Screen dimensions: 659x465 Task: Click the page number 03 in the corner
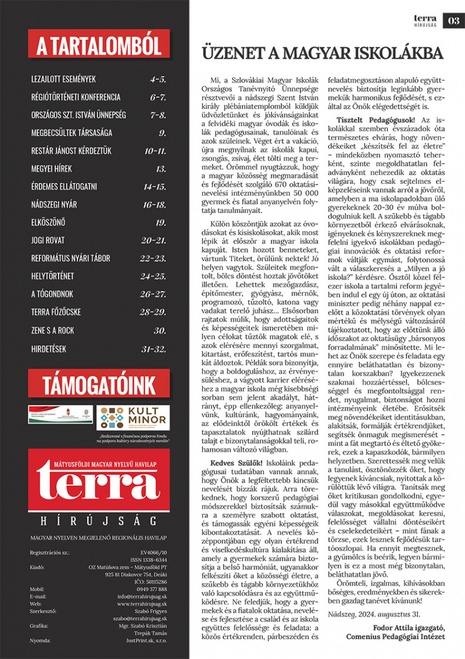point(453,21)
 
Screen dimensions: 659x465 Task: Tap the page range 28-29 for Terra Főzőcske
point(153,313)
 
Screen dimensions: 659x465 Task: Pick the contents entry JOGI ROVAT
point(49,240)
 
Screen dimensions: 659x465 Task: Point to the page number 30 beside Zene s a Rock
point(160,330)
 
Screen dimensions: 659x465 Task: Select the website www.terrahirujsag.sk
point(142,604)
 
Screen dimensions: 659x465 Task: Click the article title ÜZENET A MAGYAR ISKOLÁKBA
point(322,54)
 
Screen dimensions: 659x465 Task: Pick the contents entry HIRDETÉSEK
point(49,348)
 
